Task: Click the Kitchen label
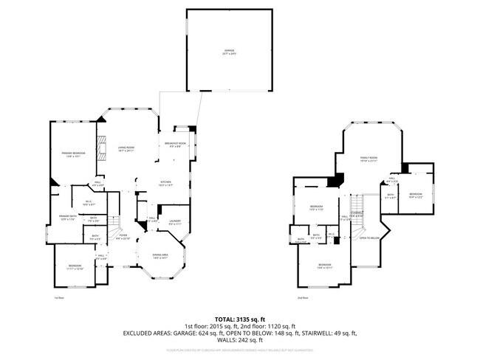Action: coord(168,184)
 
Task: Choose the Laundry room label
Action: coord(175,222)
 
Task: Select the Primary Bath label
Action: coord(67,217)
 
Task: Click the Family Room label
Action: coord(368,159)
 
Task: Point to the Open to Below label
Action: coord(368,238)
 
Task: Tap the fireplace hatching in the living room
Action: coord(103,143)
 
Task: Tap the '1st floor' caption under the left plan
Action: coord(60,298)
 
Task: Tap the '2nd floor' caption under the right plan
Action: coord(302,298)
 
